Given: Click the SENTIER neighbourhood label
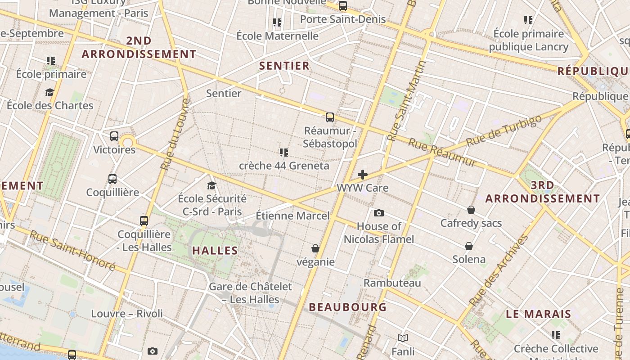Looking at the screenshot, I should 284,66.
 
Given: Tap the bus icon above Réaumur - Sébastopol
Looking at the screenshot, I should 330,117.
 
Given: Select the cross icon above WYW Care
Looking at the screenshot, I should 362,175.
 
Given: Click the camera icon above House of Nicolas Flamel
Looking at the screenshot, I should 379,213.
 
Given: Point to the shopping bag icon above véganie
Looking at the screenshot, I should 315,248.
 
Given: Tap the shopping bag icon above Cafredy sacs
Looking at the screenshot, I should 471,210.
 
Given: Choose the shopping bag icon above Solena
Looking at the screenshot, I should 469,246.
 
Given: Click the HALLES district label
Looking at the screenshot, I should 215,251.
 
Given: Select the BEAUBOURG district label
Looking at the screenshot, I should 347,307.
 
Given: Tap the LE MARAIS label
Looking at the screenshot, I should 538,314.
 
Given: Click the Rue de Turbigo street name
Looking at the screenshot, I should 504,131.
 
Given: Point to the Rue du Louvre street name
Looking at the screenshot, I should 175,134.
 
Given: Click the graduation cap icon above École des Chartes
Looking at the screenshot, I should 49,92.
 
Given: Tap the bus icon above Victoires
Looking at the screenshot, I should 114,136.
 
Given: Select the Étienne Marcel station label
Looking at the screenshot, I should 292,216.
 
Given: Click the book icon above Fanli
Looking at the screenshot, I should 403,338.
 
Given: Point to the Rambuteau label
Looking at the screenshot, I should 392,283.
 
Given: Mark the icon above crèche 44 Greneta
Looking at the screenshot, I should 283,153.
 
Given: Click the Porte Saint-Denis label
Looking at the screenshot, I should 342,19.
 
